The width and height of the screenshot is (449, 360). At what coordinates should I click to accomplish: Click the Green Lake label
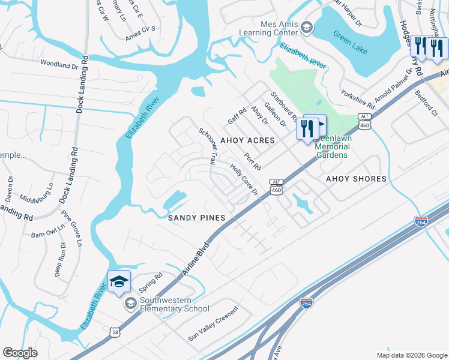(x=348, y=40)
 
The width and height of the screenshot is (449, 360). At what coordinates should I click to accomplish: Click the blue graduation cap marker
(x=119, y=281)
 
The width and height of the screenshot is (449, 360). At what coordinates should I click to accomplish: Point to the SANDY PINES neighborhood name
(x=196, y=218)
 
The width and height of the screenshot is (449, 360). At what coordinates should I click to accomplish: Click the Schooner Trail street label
(x=208, y=146)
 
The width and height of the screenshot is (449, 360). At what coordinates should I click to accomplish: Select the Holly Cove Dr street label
(x=244, y=179)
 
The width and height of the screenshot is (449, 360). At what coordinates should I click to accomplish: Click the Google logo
(x=20, y=353)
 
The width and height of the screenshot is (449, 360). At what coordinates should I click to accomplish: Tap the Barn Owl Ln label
(x=47, y=232)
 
